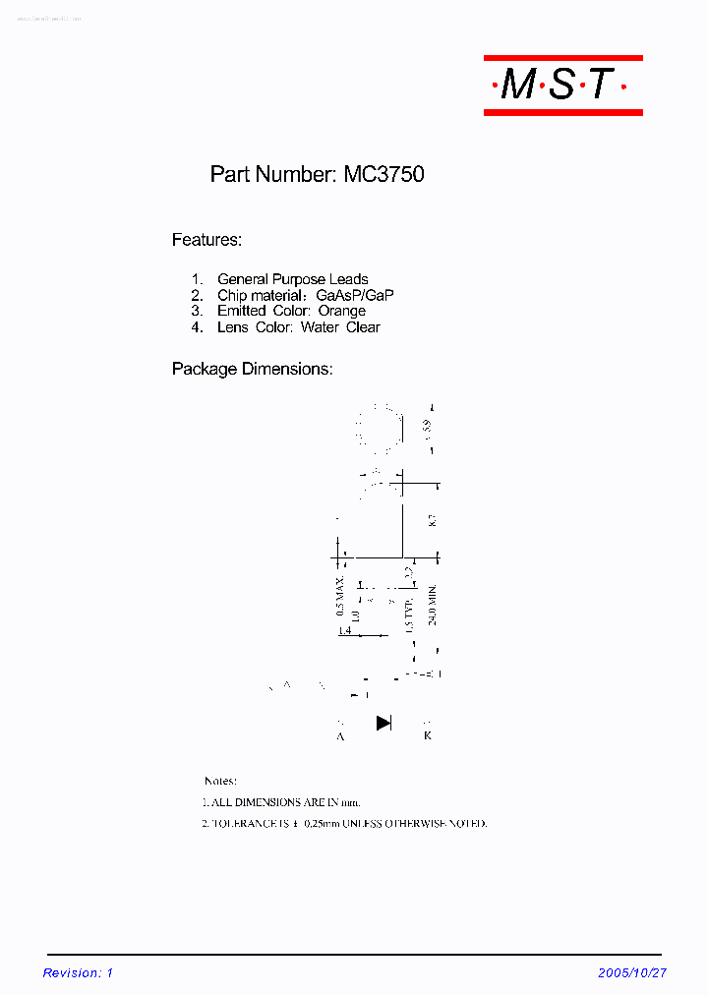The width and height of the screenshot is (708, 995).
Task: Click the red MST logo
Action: point(562,86)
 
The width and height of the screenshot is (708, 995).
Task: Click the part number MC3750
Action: point(383,175)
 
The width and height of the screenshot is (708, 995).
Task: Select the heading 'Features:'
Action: point(206,240)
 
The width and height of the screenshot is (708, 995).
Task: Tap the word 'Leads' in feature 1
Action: point(348,280)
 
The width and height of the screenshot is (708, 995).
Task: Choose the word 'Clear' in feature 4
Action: point(363,327)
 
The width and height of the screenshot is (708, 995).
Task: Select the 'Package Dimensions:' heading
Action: point(252,370)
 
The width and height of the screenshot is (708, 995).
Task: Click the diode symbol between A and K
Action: point(383,724)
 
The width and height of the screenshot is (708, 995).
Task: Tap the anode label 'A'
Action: point(340,735)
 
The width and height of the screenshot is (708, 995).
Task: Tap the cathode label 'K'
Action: point(427,735)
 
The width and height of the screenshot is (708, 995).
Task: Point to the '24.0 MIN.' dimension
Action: point(432,606)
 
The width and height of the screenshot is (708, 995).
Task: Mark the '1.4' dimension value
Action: point(344,630)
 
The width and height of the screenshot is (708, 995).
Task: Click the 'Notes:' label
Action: point(220,781)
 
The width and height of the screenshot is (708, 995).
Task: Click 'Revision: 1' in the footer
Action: point(79,973)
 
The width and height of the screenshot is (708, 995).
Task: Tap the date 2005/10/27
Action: point(631,973)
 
